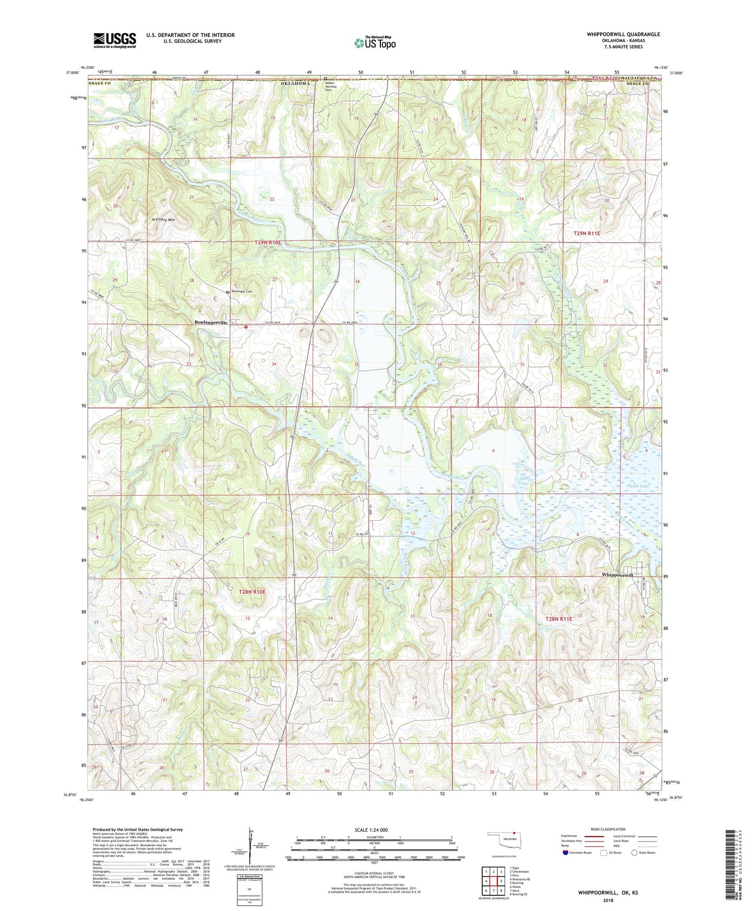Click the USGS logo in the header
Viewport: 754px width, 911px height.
(115, 40)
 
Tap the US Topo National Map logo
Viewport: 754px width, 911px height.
(375, 43)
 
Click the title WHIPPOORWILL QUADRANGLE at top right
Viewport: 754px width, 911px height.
(623, 34)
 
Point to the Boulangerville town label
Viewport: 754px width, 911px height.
(211, 323)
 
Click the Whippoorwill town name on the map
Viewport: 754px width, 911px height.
(617, 574)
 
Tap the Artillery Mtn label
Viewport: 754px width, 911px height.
(163, 220)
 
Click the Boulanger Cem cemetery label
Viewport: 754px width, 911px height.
(242, 292)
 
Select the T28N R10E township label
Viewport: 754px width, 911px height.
(252, 592)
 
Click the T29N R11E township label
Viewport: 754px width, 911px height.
(587, 234)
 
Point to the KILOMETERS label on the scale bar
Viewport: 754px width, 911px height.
(374, 837)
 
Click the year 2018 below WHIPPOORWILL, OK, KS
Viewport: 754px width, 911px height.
(607, 900)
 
